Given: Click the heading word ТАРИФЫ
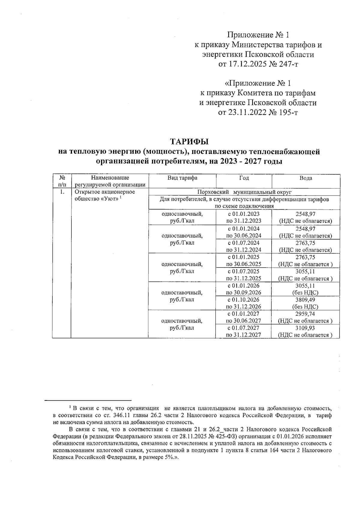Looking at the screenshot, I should point(189,141).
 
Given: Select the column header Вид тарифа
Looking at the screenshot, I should point(182,178).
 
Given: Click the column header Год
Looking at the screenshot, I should point(244,178).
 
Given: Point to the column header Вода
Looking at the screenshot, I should point(306,178).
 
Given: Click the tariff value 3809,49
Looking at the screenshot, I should point(305,300).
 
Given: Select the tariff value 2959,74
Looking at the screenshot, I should point(305,314).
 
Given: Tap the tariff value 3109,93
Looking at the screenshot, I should point(305,328).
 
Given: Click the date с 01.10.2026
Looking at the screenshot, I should point(244,300).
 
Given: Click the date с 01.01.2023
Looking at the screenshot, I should point(244,214).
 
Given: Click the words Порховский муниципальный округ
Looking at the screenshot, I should point(244,192).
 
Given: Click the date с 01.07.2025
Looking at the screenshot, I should point(244,271).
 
